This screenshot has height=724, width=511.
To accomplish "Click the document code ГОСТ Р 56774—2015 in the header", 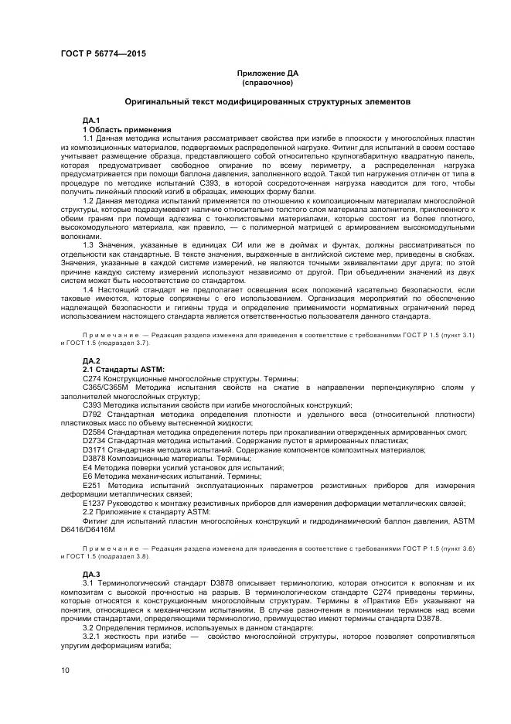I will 102,53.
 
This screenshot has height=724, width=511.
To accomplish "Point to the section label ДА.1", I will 91,121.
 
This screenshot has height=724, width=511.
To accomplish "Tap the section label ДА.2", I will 91,361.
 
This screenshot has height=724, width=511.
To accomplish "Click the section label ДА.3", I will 91,573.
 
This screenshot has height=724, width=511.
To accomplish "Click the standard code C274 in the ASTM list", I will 92,379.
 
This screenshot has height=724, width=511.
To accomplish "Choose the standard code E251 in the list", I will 92,483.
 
